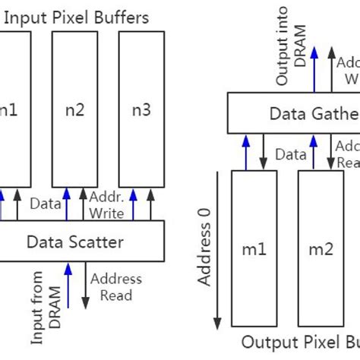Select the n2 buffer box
[x=76, y=111]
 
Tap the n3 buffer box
[x=141, y=111]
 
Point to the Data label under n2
[x=45, y=204]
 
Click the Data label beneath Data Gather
[x=291, y=154]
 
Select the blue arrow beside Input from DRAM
[x=70, y=286]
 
